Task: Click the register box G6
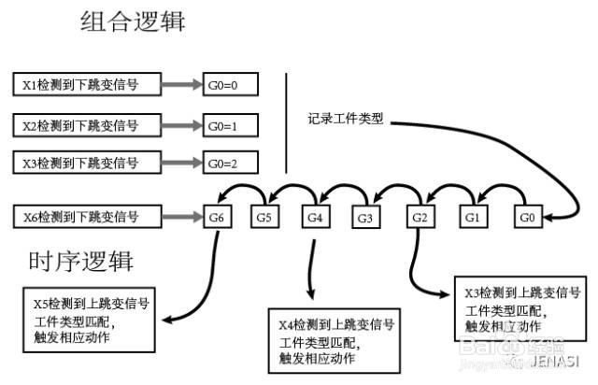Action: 217,217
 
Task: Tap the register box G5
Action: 265,217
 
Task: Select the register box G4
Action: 315,217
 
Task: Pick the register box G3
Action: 366,218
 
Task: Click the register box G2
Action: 421,217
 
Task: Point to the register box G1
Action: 473,217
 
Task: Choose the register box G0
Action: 527,217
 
